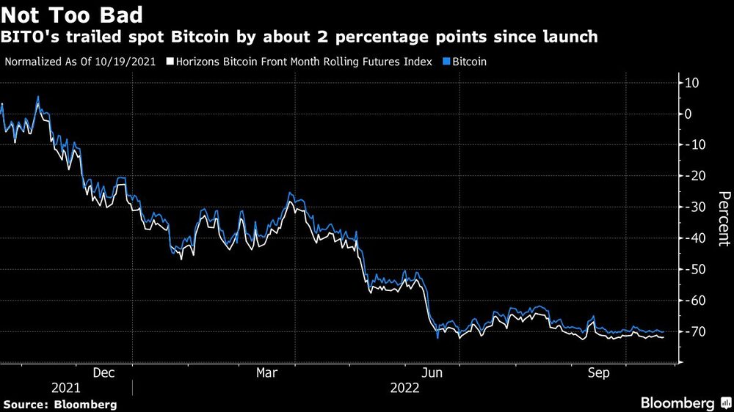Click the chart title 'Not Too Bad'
click(x=71, y=15)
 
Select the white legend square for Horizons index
click(x=170, y=62)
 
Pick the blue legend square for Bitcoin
click(x=447, y=62)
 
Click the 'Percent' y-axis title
click(x=724, y=218)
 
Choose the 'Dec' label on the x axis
click(x=103, y=372)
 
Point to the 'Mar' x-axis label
click(x=267, y=372)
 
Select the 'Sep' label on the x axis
click(x=600, y=372)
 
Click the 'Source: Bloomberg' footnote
click(x=59, y=404)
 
